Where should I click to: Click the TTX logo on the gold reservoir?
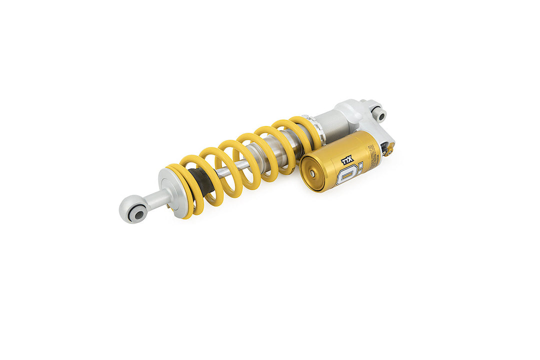[347, 160]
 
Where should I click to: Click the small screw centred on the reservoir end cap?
[313, 174]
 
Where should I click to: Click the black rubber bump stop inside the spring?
[202, 180]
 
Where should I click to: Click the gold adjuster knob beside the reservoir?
[389, 148]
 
